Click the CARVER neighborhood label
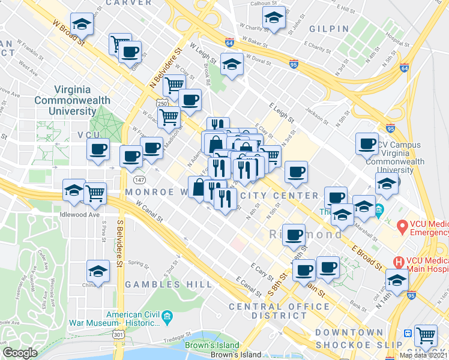(130, 3)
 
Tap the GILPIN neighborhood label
(329, 29)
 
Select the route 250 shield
(161, 104)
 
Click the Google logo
(20, 353)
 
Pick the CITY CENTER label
(280, 196)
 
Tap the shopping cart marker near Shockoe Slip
(426, 335)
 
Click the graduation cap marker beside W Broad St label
(81, 25)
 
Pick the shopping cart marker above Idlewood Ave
(95, 193)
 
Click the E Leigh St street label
(282, 113)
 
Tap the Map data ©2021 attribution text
(424, 355)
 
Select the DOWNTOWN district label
(349, 332)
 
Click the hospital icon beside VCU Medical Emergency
(403, 227)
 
